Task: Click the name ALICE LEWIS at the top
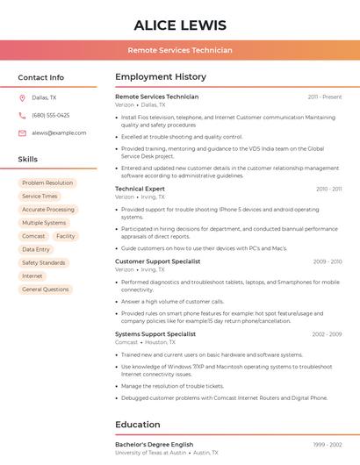tap(180, 25)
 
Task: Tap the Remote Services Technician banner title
tap(180, 50)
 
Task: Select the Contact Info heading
tap(41, 77)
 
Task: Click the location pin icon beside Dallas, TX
tap(22, 98)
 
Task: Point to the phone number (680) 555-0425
tap(51, 115)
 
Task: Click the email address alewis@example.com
tap(59, 132)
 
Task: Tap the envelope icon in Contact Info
tap(22, 132)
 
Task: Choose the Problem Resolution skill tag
tap(47, 183)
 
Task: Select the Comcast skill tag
tap(33, 236)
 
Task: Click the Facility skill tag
tap(66, 236)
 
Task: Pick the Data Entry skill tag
tap(36, 249)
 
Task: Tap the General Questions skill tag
tap(45, 289)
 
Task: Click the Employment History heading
tap(161, 77)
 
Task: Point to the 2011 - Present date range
tap(325, 97)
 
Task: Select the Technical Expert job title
tap(140, 189)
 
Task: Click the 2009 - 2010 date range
tap(328, 261)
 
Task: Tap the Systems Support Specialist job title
tap(155, 334)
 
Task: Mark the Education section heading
tap(138, 425)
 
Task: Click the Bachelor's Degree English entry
tap(155, 445)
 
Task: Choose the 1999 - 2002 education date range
tap(328, 445)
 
